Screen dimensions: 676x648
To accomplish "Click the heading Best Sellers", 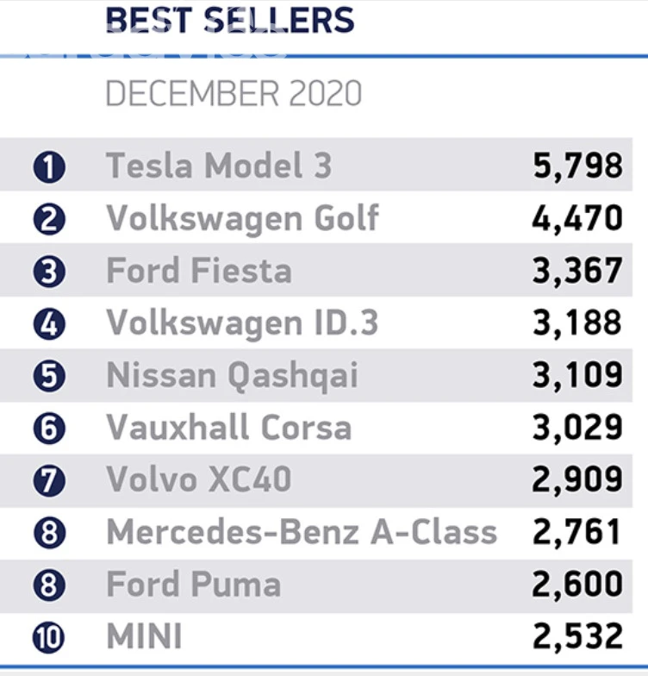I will click(229, 19).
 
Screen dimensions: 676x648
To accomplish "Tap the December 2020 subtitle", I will click(234, 94).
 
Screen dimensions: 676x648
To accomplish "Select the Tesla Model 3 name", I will click(219, 166).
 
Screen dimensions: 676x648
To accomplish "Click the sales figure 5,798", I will click(576, 166).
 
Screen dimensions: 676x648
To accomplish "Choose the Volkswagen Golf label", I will click(242, 218).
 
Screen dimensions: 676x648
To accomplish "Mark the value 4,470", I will click(576, 218).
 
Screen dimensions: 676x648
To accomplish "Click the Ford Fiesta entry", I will click(199, 271).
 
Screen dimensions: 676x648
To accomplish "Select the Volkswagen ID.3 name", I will click(242, 323).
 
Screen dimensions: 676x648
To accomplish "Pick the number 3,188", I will click(576, 323).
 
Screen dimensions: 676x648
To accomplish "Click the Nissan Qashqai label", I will click(232, 376).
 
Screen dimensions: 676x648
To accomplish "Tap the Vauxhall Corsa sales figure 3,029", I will click(576, 428).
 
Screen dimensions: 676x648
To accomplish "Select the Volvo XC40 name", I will click(199, 480).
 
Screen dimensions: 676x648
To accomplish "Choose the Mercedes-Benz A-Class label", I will click(302, 532).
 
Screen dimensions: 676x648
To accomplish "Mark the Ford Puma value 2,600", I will click(576, 585).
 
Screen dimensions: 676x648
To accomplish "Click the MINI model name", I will click(144, 637).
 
